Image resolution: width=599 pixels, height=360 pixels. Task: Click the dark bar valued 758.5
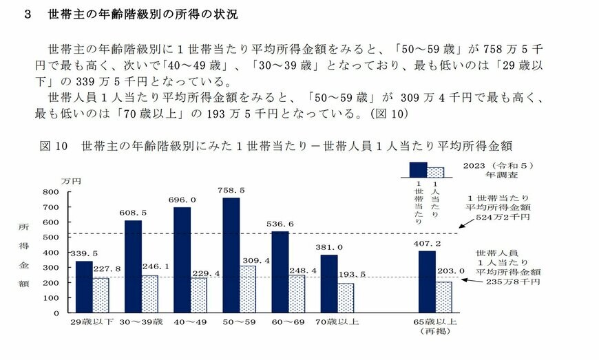231,255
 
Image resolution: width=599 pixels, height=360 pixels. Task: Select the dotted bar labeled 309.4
249,288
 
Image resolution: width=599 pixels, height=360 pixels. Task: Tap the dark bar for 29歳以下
83,286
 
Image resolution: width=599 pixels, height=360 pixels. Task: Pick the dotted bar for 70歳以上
346,297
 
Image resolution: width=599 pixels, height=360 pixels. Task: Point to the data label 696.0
182,200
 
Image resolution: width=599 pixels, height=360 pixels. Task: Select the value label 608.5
134,213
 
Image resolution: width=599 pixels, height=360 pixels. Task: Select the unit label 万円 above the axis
71,181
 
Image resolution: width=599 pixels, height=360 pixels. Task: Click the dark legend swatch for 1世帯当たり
418,170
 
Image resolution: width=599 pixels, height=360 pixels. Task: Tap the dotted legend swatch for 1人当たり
435,172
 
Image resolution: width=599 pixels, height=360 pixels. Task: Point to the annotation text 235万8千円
512,282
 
